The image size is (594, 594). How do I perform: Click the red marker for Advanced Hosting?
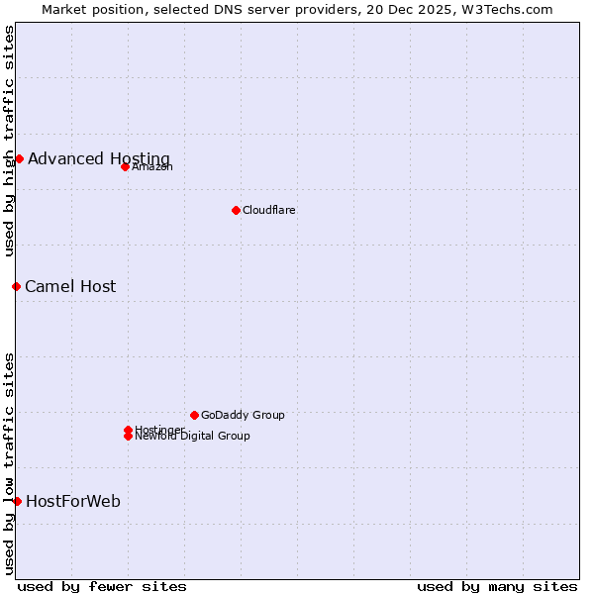(x=19, y=158)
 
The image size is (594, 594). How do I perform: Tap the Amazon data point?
(x=125, y=166)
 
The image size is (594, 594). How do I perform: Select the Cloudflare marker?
(x=236, y=210)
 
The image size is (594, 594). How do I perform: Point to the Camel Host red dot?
(x=16, y=286)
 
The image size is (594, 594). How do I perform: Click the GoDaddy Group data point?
(x=194, y=415)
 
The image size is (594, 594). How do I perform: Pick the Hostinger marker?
(x=128, y=430)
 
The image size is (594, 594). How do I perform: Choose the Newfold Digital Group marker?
(x=128, y=437)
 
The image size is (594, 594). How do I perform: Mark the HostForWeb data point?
(x=17, y=501)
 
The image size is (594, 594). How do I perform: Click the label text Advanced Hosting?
(x=99, y=158)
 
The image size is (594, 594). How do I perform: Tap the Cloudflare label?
(x=269, y=210)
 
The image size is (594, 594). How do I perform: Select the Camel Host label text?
(x=70, y=286)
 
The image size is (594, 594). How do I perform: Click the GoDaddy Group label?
(x=243, y=415)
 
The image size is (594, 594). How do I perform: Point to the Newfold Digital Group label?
(x=193, y=437)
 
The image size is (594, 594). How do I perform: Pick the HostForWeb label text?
(x=73, y=501)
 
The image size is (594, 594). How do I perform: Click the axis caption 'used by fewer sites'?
(x=102, y=586)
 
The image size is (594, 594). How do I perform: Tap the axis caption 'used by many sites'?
(x=497, y=586)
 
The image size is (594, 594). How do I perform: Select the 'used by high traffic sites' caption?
(x=10, y=141)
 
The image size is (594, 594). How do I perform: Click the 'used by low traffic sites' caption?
(x=10, y=462)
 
